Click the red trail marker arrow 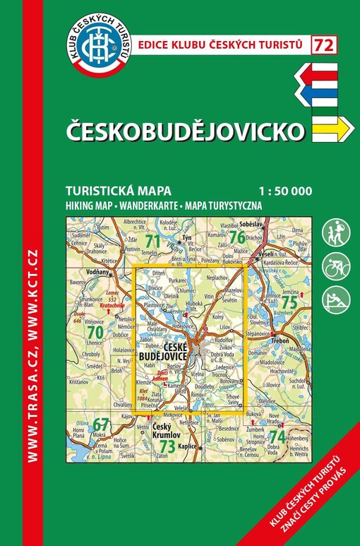pos(318,73)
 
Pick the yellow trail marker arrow pos(332,127)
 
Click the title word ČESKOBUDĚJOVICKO pos(186,131)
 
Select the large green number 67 pos(102,425)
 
